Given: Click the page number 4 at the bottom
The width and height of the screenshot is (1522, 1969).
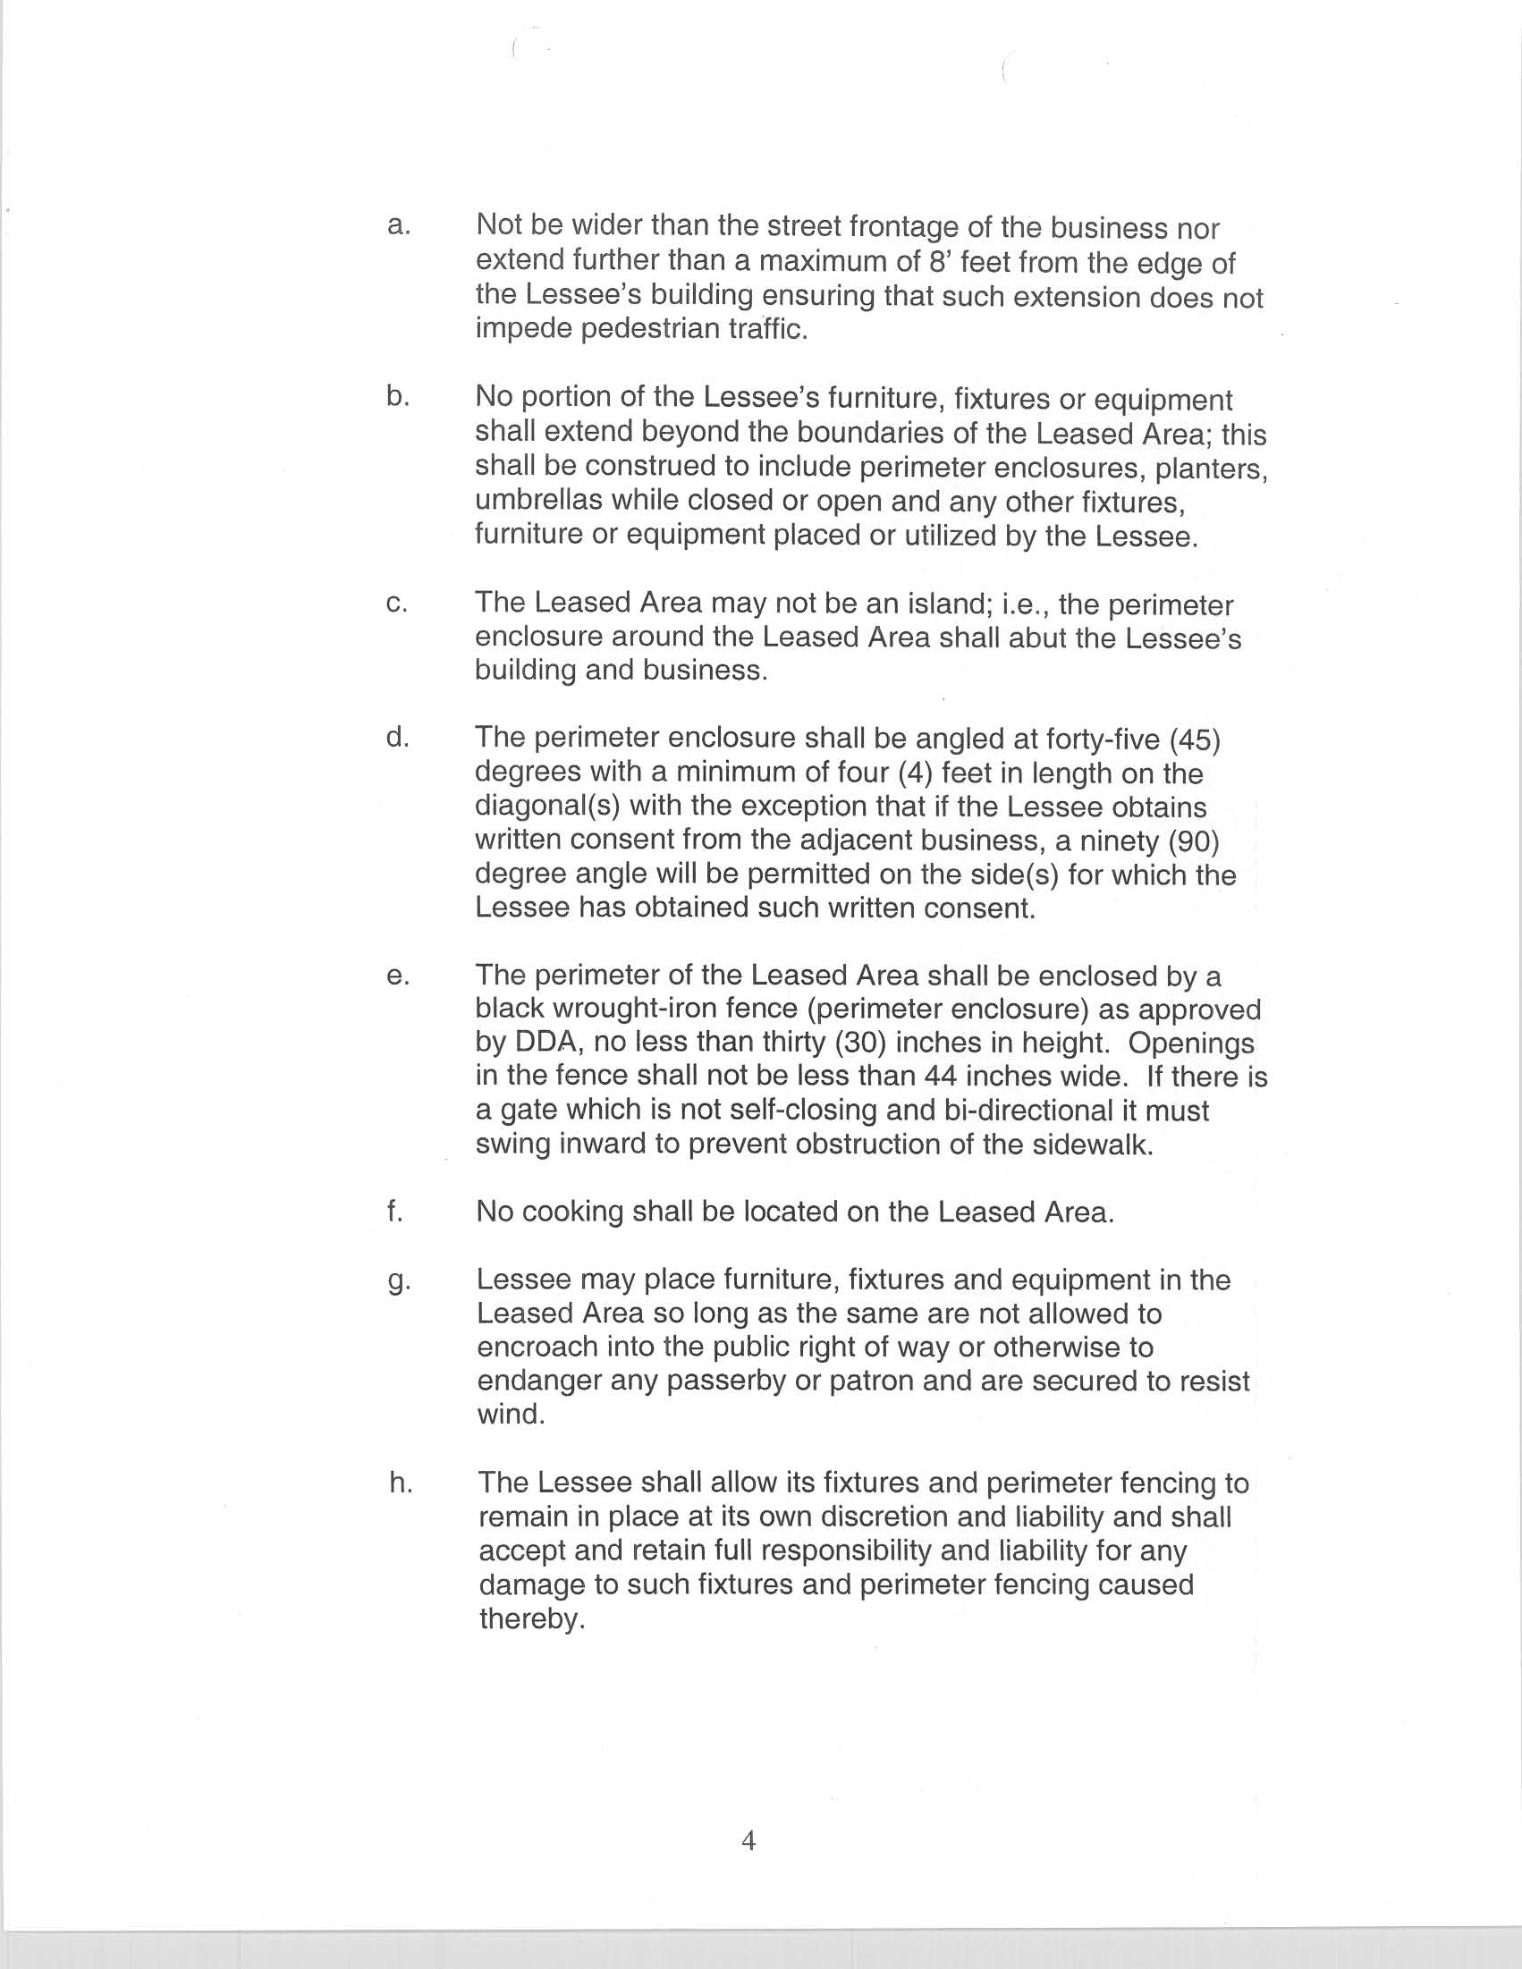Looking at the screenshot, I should pyautogui.click(x=748, y=1840).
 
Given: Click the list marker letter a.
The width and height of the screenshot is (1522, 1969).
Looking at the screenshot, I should pyautogui.click(x=398, y=225).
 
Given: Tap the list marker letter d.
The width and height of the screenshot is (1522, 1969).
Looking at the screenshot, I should pyautogui.click(x=398, y=737).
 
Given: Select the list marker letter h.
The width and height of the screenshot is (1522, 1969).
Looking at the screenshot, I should pyautogui.click(x=401, y=1483).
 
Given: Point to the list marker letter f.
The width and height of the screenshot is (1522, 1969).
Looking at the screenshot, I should pyautogui.click(x=394, y=1211).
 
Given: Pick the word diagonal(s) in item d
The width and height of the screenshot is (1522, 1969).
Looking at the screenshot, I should pyautogui.click(x=537, y=807).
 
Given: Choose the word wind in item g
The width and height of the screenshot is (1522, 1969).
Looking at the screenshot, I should pyautogui.click(x=511, y=1414).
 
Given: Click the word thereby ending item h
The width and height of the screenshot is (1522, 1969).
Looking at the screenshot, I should pyautogui.click(x=532, y=1619).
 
